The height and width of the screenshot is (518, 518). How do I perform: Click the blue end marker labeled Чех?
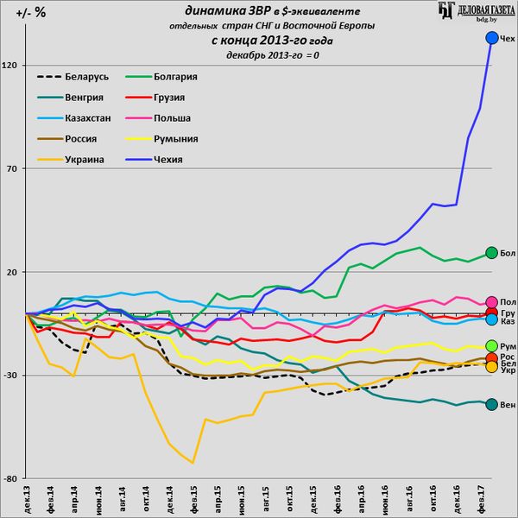(492, 38)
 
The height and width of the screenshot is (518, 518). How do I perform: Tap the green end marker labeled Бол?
(492, 253)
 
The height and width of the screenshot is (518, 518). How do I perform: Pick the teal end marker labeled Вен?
(492, 405)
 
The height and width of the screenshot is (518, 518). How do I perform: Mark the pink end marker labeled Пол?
(492, 301)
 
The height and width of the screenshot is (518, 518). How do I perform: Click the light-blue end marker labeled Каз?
(492, 320)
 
